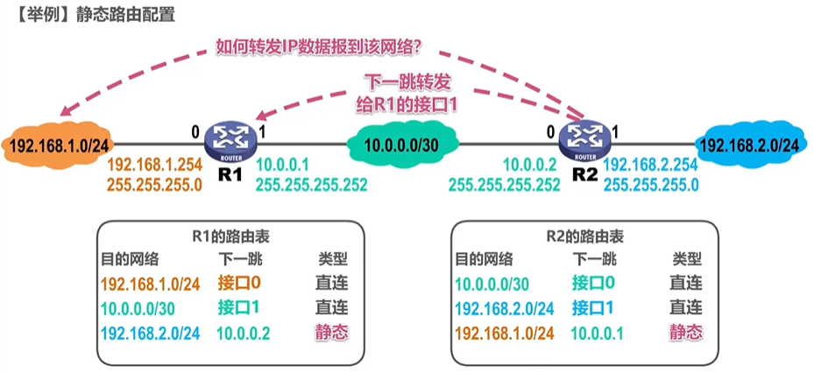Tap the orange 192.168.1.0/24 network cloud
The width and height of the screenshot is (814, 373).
[56, 144]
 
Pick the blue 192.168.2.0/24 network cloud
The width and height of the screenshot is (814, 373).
[750, 144]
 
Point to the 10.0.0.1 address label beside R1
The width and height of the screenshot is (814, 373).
[282, 165]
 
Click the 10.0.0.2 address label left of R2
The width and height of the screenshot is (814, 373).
[530, 165]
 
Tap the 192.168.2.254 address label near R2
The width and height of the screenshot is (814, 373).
[651, 165]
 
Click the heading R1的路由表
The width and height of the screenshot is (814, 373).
[230, 237]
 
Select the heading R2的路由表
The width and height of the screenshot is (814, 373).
[584, 237]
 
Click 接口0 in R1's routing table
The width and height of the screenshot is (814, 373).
[238, 283]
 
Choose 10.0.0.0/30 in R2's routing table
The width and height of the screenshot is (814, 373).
[492, 283]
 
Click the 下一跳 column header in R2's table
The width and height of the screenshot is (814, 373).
[595, 257]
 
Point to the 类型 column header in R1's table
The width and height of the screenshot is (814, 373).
[333, 257]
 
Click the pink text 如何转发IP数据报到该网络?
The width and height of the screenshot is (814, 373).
[321, 48]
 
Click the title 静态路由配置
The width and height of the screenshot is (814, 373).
[125, 14]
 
